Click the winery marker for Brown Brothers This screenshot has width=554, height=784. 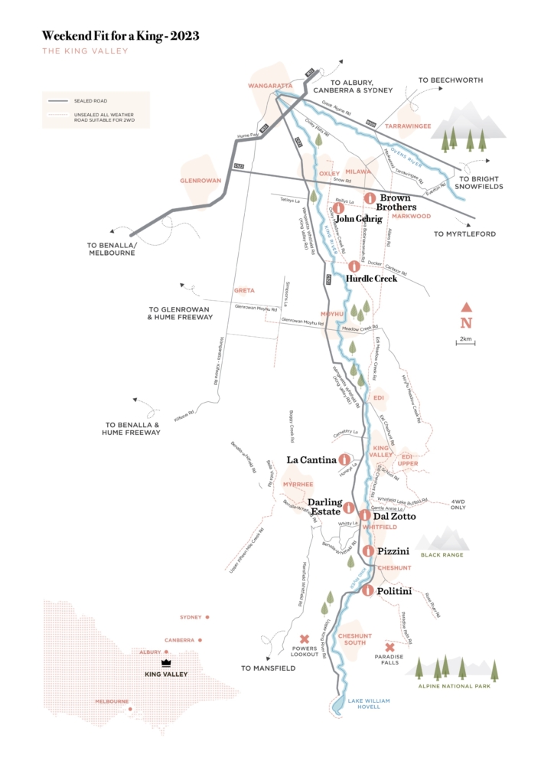tap(368, 198)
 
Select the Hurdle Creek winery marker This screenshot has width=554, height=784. tap(354, 266)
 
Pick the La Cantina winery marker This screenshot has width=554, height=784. tap(344, 459)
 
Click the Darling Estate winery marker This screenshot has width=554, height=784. tap(348, 507)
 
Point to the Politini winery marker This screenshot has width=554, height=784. tap(368, 590)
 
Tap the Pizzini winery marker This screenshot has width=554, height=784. tap(368, 550)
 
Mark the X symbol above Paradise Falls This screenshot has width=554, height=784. tap(389, 647)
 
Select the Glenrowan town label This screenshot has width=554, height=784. tap(200, 181)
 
